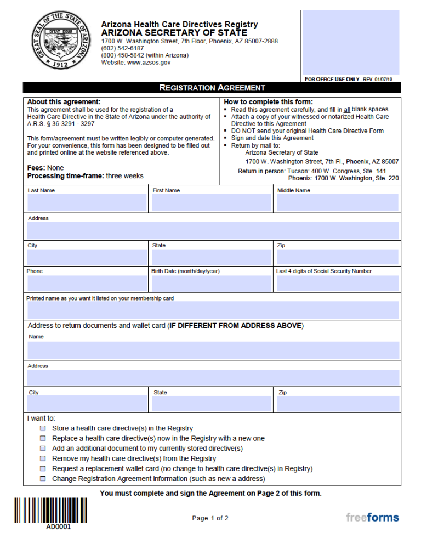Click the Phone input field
coord(87,284)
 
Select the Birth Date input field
coord(212,284)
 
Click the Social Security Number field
coord(337,284)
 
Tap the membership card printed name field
coord(213,310)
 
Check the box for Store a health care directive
coord(43,428)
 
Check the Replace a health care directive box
coord(43,439)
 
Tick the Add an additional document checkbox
coord(43,449)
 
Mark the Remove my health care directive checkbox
coord(43,458)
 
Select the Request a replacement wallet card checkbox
coord(43,469)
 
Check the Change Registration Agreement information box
coord(43,479)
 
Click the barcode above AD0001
coord(50,510)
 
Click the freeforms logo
coord(372,517)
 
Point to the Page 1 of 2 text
coord(210,518)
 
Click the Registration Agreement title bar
coord(212,88)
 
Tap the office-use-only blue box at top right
coord(351,42)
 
